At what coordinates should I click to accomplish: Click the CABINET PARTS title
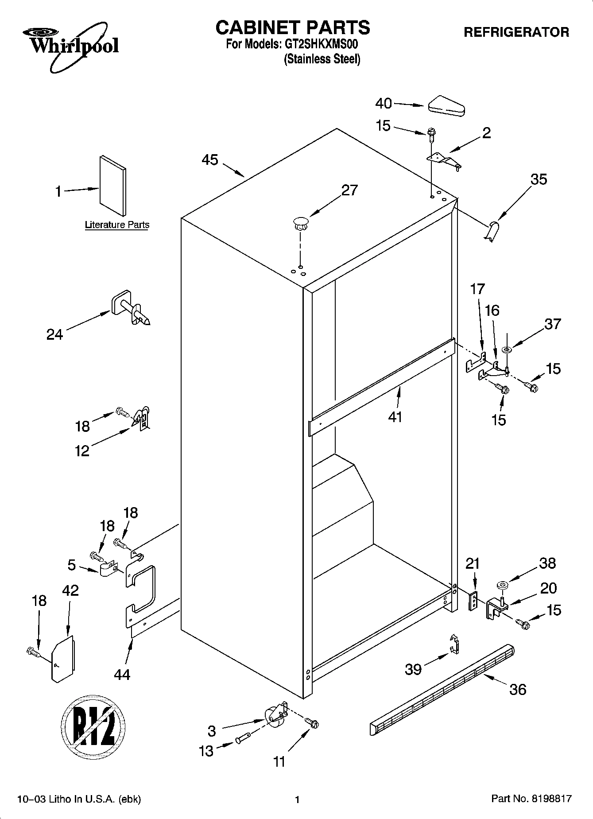point(292,27)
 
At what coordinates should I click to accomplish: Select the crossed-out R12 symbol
point(93,729)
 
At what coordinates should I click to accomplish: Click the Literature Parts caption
point(117,225)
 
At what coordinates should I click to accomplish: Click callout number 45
point(210,160)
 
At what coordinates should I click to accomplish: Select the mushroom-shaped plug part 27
point(300,222)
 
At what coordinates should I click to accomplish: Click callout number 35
point(539,179)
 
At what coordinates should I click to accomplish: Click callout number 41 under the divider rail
point(395,417)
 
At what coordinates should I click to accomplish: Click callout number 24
point(54,334)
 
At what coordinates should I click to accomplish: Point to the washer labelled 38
point(503,586)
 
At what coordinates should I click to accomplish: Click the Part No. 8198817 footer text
point(531,799)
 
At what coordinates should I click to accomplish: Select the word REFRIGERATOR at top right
point(516,32)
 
